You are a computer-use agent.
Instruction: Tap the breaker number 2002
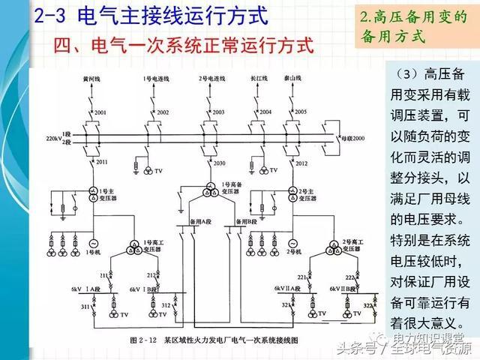pos(163,112)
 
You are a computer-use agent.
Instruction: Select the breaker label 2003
pos(218,112)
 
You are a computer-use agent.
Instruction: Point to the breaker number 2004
pos(265,112)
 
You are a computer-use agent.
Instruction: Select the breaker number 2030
pos(219,163)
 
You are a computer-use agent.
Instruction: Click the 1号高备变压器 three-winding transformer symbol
pos(207,193)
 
